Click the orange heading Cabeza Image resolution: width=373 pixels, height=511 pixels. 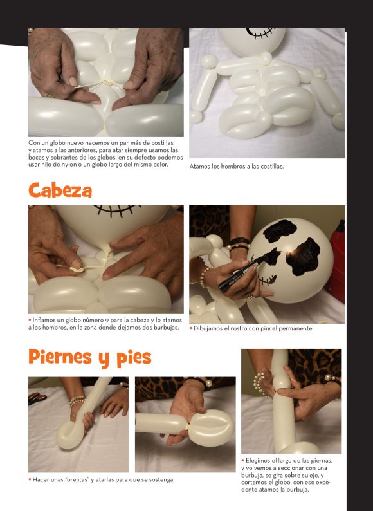click(x=60, y=190)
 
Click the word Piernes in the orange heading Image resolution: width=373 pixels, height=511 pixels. click(x=60, y=357)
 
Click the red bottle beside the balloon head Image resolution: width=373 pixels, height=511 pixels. click(x=337, y=261)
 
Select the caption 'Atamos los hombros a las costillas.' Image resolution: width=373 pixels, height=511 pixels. click(x=237, y=166)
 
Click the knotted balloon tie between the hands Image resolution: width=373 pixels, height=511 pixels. click(x=106, y=83)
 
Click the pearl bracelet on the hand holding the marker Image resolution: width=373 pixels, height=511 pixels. click(x=203, y=277)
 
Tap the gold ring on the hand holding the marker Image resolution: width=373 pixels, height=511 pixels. click(x=250, y=295)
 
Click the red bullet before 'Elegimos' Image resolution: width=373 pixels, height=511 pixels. click(x=242, y=461)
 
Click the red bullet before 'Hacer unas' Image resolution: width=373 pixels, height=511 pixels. click(x=30, y=479)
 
